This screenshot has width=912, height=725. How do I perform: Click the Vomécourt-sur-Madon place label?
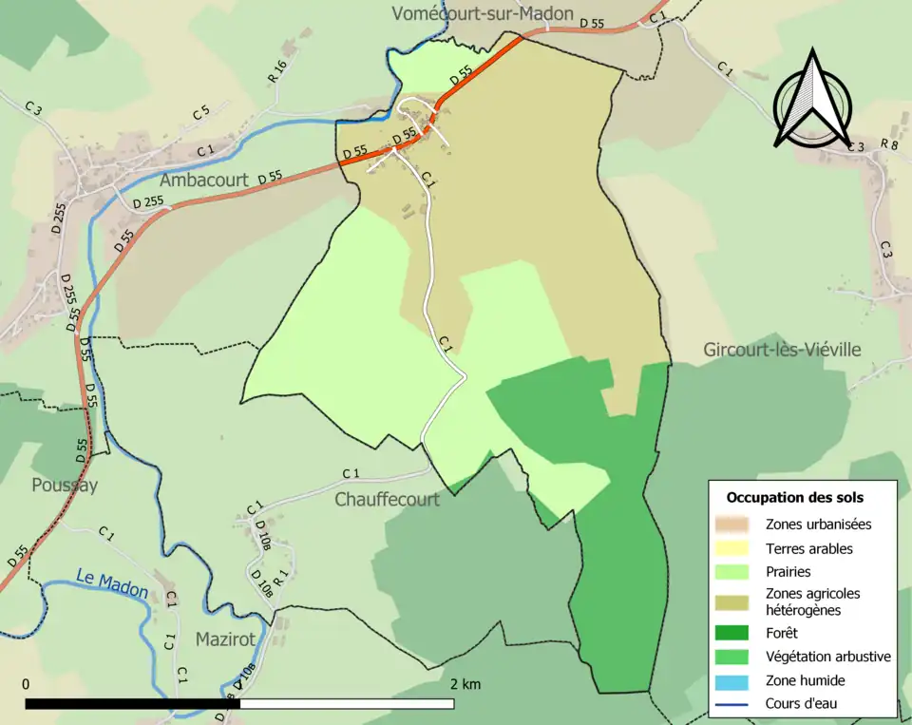pos(483,13)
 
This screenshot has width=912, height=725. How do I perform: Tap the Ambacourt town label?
pos(204,180)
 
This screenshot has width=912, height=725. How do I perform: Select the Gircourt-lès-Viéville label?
pos(782,350)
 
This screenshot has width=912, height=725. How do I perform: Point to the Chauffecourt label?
pos(387,499)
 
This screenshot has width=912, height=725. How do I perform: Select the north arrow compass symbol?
pos(811,99)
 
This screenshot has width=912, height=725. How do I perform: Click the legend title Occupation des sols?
pos(795,497)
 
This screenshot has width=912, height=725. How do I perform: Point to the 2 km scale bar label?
pos(465,684)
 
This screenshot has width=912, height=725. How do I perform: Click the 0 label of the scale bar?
pos(26,684)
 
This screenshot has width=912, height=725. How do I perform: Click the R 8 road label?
pos(889,144)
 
